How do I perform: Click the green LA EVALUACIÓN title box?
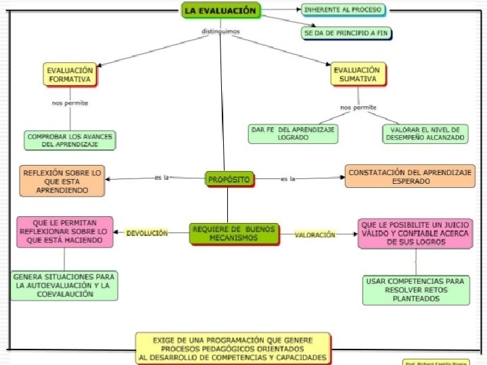coord(221,11)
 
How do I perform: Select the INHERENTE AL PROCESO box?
coord(343,10)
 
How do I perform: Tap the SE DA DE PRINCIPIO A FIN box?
coord(346,32)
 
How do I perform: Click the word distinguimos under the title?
coord(221,31)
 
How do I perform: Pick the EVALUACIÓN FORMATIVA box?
coord(70,74)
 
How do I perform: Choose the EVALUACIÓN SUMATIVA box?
coord(356,74)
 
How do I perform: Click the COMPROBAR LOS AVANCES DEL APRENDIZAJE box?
coord(70,140)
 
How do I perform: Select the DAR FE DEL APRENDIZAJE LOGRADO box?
coord(293,133)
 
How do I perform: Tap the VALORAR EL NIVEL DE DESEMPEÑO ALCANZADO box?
coord(424,133)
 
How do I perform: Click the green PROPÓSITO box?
coord(229,179)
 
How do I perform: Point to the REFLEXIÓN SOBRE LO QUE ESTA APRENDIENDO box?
coord(62,182)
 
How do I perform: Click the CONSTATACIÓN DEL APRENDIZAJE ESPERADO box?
coord(410,177)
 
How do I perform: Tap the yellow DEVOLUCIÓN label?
coord(147,233)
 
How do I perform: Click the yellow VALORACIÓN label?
coord(315,235)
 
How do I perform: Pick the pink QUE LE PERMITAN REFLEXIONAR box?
coord(65,231)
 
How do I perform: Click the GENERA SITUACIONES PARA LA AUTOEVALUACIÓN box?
coord(64,285)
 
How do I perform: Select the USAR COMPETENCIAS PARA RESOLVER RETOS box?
coord(416,289)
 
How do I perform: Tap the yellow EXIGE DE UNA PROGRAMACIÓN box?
coord(233,348)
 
